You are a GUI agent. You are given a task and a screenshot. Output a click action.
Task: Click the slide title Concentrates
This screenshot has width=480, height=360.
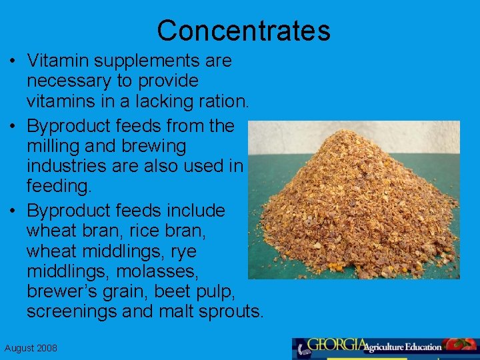click(243, 31)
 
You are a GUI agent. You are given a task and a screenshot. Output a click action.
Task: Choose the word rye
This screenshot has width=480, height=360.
click(182, 252)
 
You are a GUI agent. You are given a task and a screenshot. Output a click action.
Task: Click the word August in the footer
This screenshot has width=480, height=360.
click(18, 349)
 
